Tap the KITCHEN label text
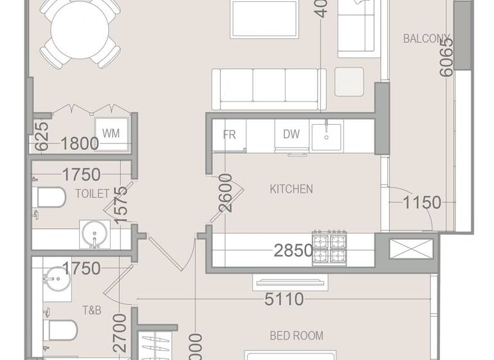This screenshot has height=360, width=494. (291, 189)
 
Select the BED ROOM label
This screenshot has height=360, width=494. (296, 336)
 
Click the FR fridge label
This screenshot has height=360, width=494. (229, 135)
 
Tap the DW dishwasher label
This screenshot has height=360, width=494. (291, 135)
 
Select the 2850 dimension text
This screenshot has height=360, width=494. (293, 251)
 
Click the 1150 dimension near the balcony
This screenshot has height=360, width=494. (422, 203)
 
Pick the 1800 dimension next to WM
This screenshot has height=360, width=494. (80, 143)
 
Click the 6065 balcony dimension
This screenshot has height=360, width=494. (446, 57)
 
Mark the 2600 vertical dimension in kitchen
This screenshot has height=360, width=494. (225, 193)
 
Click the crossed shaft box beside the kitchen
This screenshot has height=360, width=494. (411, 249)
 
